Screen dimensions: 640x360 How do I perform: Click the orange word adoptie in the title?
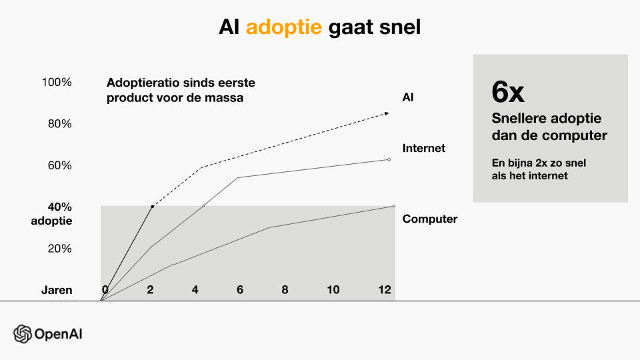point(284,27)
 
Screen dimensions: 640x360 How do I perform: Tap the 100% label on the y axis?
point(57,82)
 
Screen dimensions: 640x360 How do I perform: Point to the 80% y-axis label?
point(59,124)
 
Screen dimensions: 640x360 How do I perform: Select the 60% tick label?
point(59,165)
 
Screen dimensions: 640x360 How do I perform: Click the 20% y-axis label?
point(59,249)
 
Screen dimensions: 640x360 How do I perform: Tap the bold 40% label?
point(59,207)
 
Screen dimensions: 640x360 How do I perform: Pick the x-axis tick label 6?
point(240,290)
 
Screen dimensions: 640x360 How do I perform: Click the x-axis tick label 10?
point(333,290)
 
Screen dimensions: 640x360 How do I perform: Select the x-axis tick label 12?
point(385,290)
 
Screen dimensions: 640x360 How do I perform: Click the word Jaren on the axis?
point(57,290)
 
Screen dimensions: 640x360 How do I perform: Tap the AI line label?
point(408,97)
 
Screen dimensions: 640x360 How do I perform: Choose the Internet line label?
point(424,148)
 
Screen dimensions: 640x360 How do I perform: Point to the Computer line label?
point(430,219)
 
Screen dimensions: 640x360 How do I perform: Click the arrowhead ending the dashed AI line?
point(387,113)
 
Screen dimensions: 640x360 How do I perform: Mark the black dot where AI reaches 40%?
point(153,207)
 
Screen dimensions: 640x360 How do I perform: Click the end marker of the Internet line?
point(389,159)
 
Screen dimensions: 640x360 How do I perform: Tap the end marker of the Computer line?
point(394,206)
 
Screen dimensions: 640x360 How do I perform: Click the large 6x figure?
point(508,92)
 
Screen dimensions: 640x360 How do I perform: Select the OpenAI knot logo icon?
point(23,334)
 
